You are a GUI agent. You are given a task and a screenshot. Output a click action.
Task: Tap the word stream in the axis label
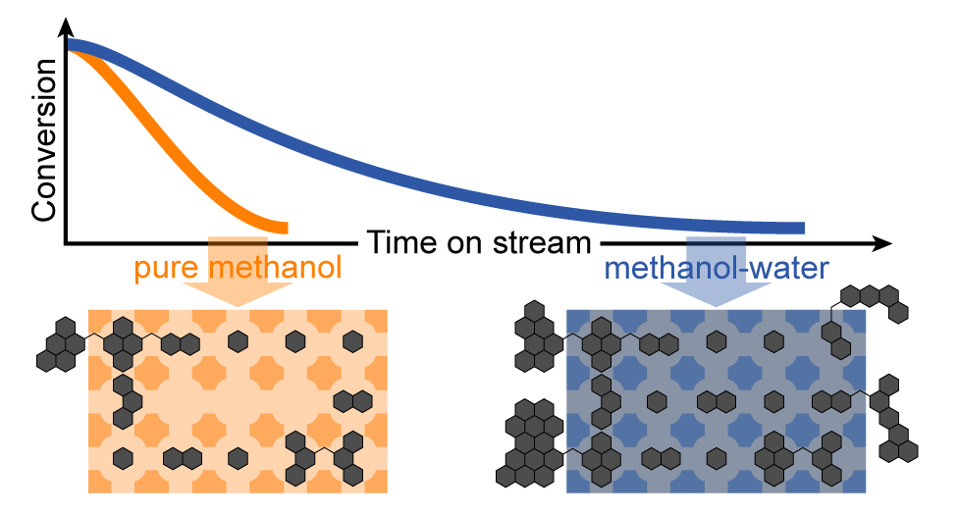[542, 242]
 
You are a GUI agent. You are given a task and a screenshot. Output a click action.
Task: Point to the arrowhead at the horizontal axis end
[882, 242]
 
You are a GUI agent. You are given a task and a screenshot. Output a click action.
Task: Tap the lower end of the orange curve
[284, 228]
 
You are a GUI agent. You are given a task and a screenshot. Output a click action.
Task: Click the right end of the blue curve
[801, 229]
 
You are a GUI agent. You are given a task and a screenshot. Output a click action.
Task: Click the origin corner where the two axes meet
[66, 242]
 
